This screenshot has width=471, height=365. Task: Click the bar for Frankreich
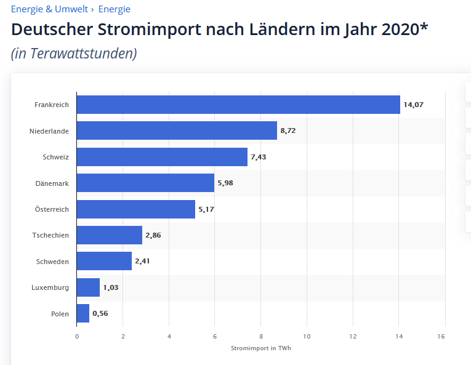click(x=238, y=105)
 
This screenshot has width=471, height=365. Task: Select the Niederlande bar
click(x=177, y=130)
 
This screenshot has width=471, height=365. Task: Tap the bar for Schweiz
click(x=162, y=157)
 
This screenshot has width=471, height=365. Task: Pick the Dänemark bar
click(x=145, y=183)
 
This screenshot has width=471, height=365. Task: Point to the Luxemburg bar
click(x=88, y=287)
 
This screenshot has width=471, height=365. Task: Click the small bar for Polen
click(x=83, y=313)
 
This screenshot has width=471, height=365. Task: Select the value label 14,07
click(x=413, y=105)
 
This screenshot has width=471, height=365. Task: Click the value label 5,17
click(x=206, y=209)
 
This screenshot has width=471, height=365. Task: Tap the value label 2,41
click(x=142, y=262)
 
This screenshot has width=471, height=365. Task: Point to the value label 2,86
click(x=153, y=235)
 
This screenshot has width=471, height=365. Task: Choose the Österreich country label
click(x=52, y=209)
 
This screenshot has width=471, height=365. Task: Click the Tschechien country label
click(x=50, y=235)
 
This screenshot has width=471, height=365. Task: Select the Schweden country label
click(x=52, y=262)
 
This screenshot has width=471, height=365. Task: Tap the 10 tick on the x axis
click(x=307, y=336)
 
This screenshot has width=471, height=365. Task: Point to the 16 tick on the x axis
click(x=441, y=336)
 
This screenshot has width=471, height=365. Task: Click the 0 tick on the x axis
click(x=77, y=336)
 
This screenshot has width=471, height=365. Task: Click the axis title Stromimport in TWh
click(x=261, y=349)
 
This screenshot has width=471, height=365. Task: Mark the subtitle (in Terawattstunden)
click(x=74, y=54)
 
